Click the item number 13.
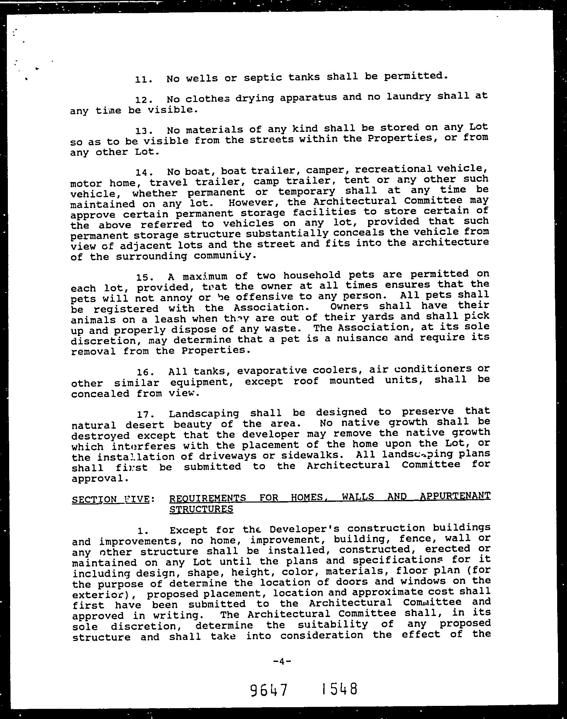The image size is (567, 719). pos(143,131)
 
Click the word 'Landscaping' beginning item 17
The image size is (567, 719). pos(203,413)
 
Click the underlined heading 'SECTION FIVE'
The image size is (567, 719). pos(110,499)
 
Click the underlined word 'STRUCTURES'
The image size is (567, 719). pos(201,509)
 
